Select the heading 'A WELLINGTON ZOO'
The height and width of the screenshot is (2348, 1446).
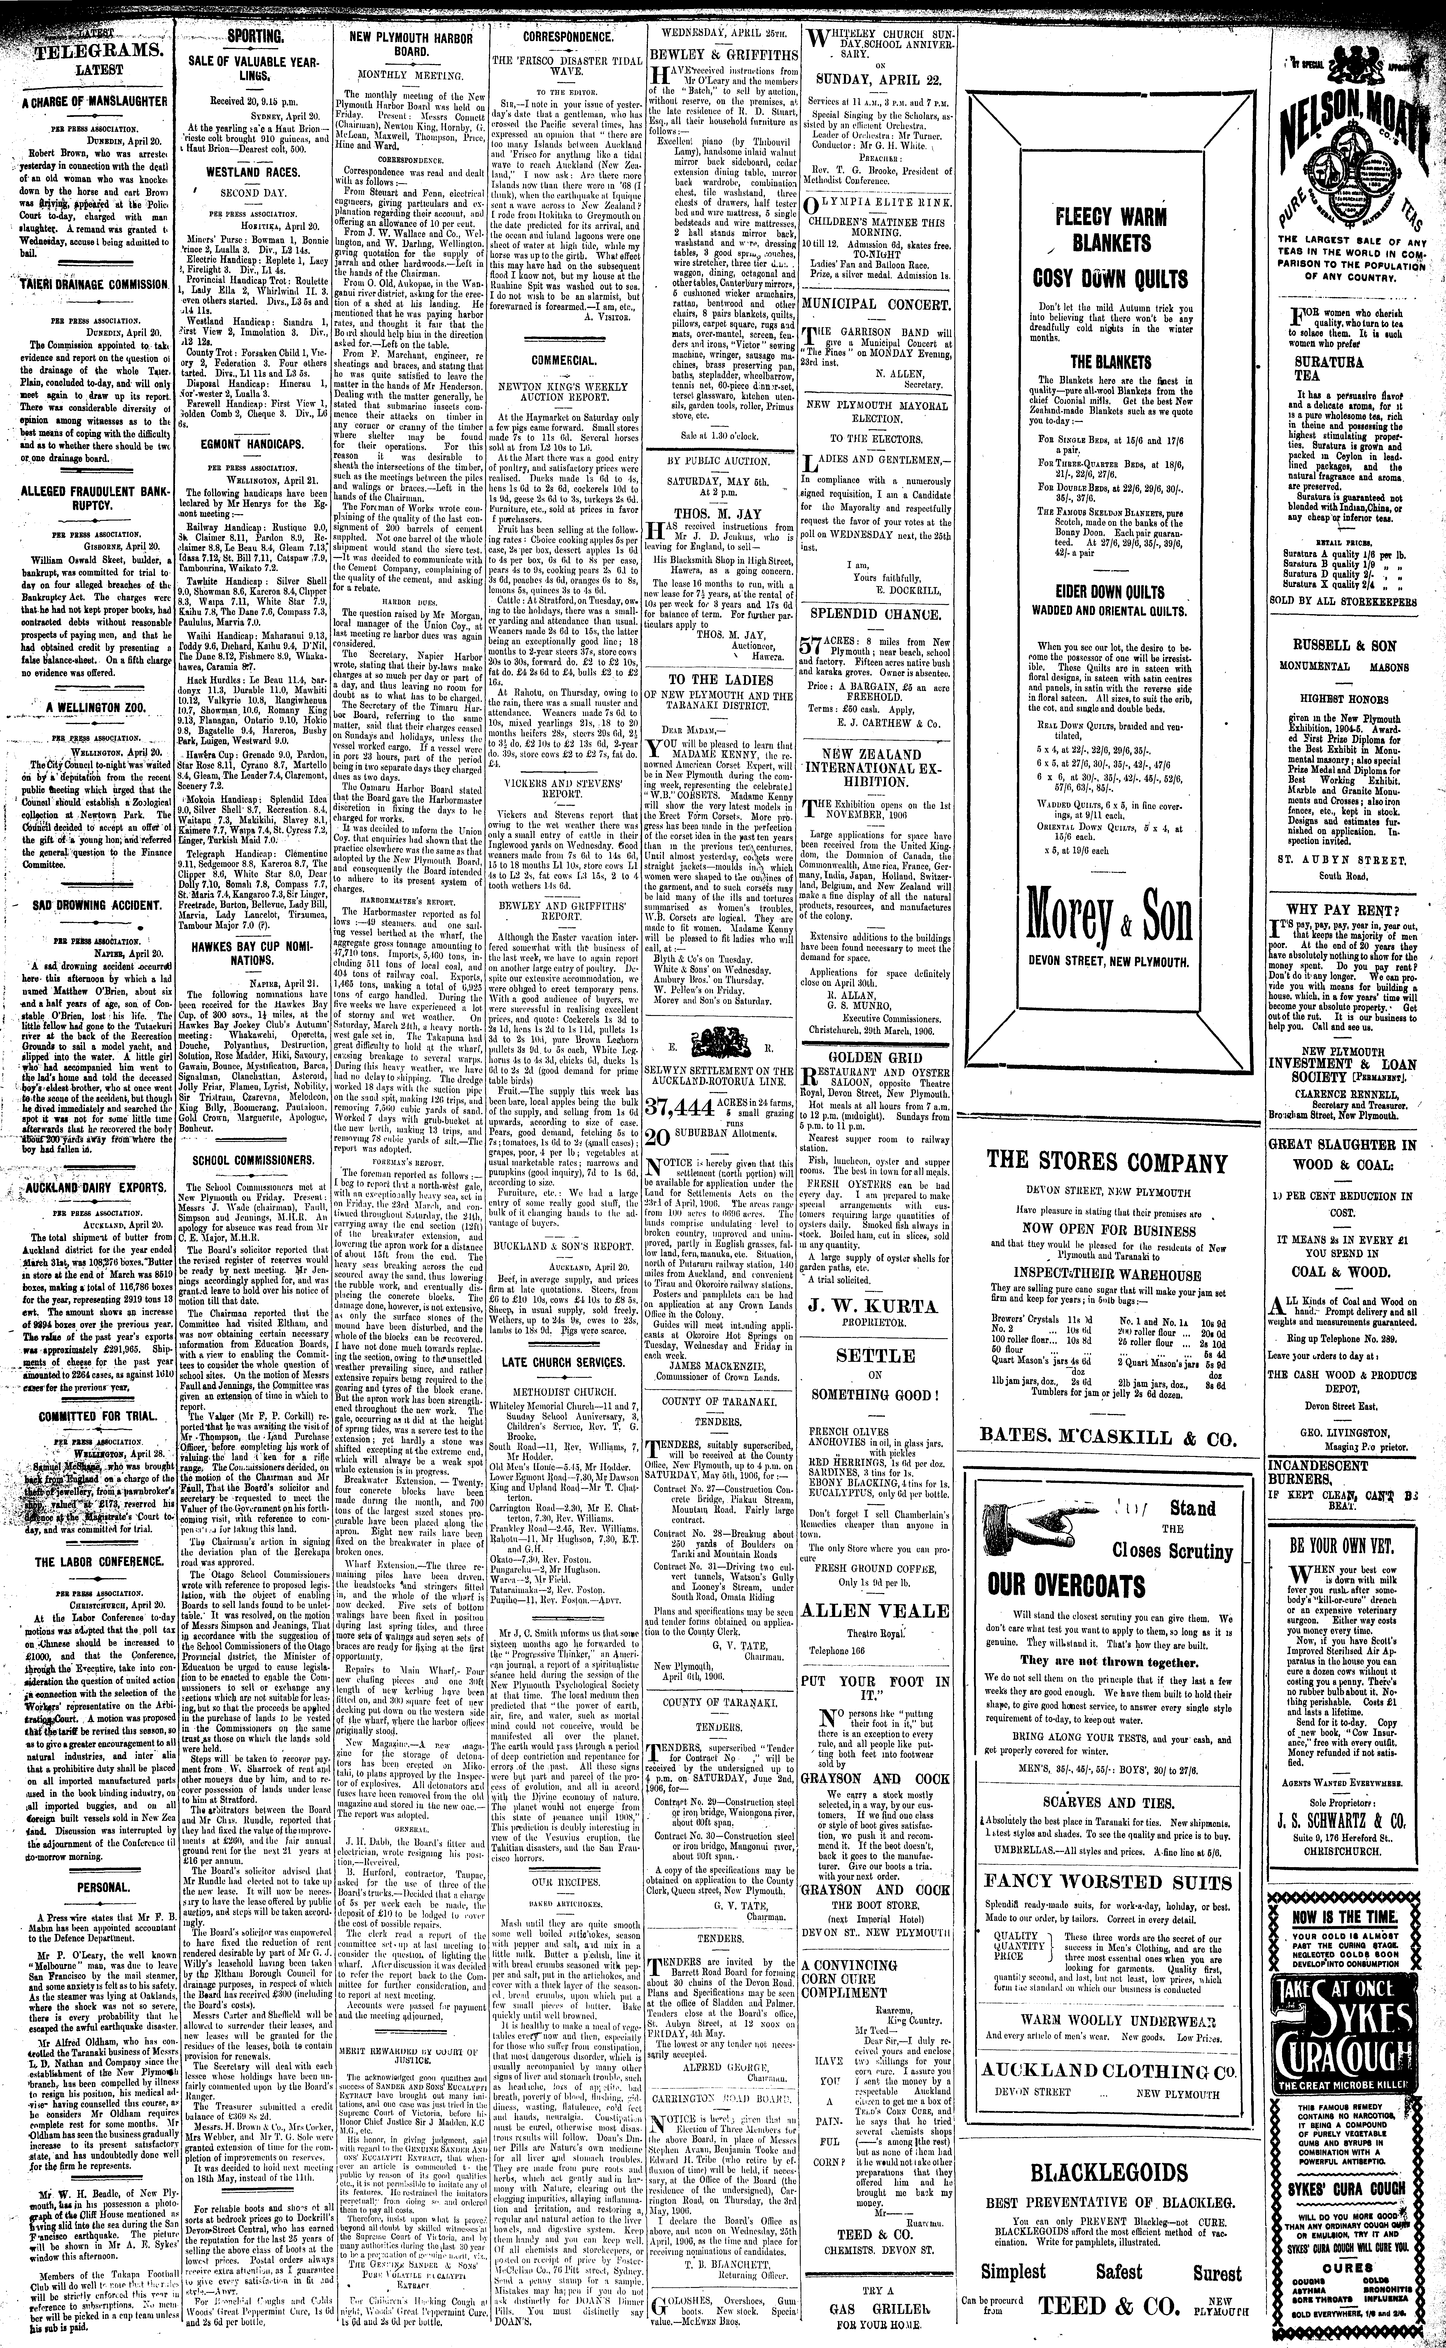86,707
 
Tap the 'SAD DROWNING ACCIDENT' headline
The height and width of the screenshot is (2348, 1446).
86,904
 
